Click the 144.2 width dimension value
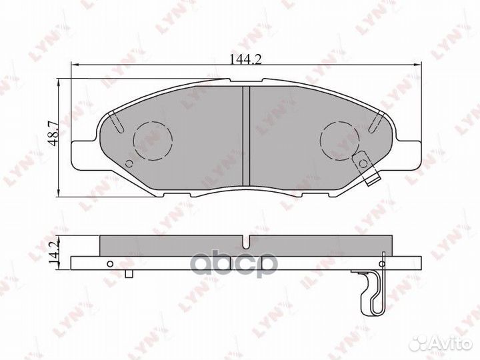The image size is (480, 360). [246, 59]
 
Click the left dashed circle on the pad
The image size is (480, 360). [153, 140]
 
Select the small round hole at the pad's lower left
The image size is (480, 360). [130, 166]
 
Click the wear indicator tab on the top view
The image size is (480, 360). [364, 162]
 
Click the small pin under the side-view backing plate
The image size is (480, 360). [131, 273]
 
